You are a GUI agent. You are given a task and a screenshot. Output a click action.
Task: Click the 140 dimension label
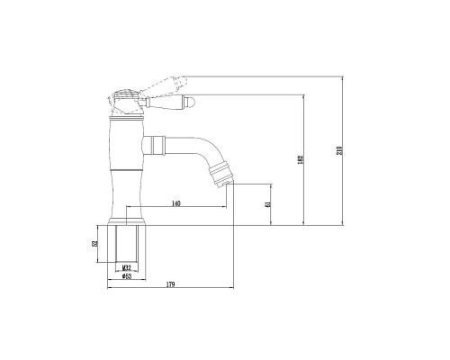pos(175,205)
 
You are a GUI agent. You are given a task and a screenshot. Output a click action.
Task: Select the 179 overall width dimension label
pos(170,285)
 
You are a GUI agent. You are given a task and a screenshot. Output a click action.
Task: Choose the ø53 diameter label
pos(128,278)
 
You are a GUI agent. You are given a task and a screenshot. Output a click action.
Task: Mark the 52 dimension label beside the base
pos(95,243)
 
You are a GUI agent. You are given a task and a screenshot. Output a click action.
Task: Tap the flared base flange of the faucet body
pos(127,218)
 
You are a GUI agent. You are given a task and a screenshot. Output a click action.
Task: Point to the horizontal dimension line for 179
pos(171,290)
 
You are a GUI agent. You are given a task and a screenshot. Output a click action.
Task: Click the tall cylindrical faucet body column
pos(127,166)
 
